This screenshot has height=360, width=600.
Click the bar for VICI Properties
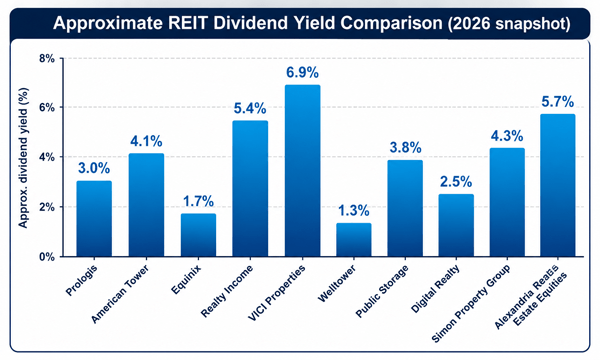click(x=302, y=171)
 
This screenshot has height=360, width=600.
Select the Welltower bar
click(x=354, y=239)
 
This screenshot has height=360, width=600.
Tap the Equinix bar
click(x=198, y=235)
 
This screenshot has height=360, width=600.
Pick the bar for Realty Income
click(x=250, y=189)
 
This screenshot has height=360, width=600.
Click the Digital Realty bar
click(x=456, y=225)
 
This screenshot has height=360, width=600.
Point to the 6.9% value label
click(x=302, y=72)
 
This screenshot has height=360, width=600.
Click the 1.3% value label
click(x=354, y=210)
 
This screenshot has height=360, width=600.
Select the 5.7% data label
click(x=558, y=101)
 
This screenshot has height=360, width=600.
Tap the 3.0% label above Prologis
click(x=94, y=168)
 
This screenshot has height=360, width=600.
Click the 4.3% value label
click(x=507, y=135)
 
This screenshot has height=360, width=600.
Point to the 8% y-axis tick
click(x=47, y=59)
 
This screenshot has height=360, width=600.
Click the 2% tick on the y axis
click(x=47, y=207)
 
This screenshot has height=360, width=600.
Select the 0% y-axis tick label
click(x=47, y=257)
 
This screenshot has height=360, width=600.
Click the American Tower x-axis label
click(x=120, y=294)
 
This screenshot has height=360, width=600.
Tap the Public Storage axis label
click(x=382, y=291)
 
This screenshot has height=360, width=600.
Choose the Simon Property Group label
click(x=471, y=303)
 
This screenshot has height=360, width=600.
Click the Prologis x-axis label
click(x=82, y=280)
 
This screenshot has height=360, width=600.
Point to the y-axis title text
click(x=23, y=158)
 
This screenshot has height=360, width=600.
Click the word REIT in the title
click(x=188, y=23)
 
